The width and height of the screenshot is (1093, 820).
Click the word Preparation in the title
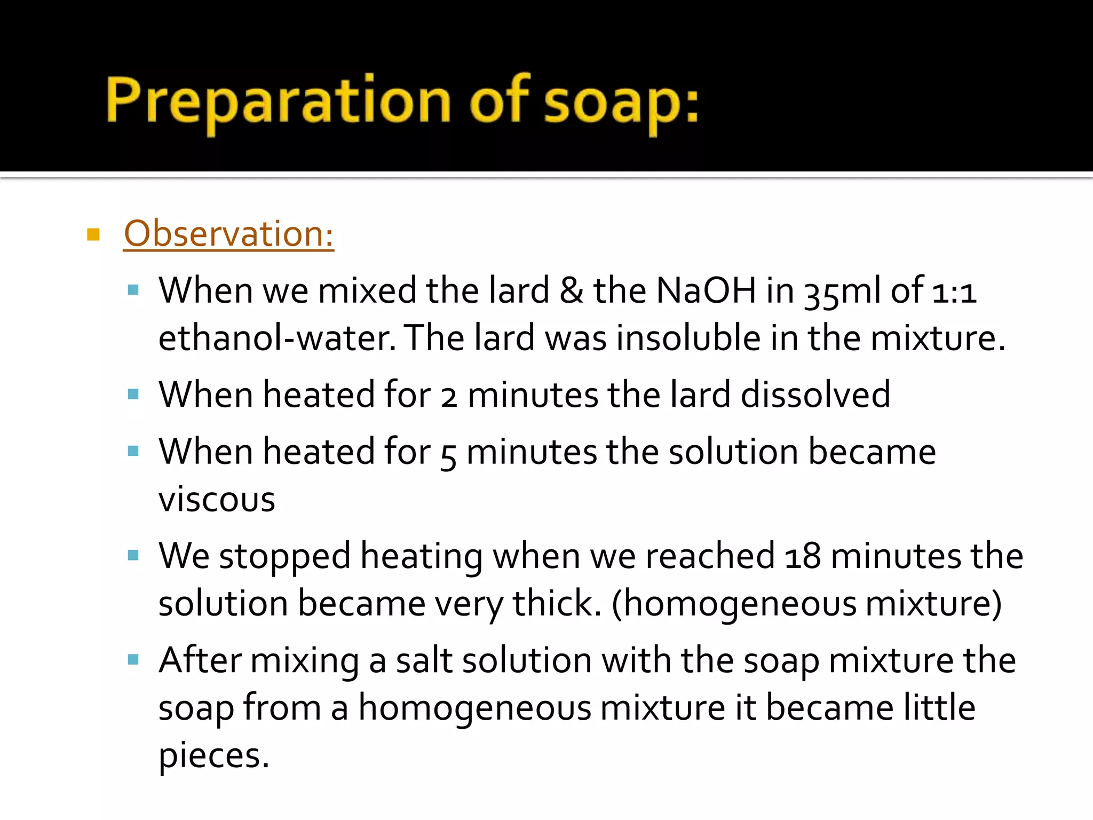click(278, 101)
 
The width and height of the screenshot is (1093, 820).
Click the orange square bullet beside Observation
click(93, 234)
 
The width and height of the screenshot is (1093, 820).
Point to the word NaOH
click(706, 291)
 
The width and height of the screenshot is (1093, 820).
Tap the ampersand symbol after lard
click(572, 291)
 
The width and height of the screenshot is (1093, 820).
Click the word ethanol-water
click(277, 338)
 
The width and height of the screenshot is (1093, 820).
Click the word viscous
click(217, 500)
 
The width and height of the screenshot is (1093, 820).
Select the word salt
click(424, 660)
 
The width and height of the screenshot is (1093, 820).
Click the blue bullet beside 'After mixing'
click(133, 660)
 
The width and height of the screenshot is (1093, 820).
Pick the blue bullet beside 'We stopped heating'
click(133, 556)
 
